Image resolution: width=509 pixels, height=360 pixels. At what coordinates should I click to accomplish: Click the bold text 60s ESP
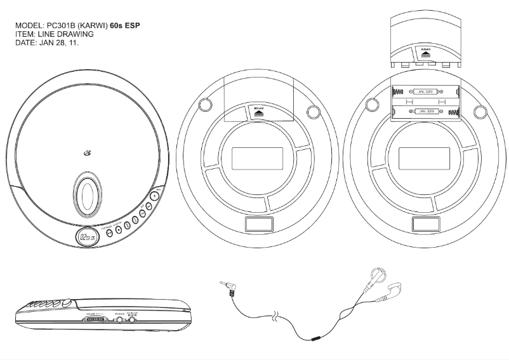click(125, 25)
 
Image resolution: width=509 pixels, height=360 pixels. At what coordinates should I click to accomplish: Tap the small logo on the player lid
click(87, 151)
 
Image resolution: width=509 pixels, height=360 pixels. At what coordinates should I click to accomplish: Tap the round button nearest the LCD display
click(109, 232)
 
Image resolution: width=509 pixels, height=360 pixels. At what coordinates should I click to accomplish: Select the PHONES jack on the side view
click(119, 319)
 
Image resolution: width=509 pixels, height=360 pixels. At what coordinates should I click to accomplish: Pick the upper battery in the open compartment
click(425, 90)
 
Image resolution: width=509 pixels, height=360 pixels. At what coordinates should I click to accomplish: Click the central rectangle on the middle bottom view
click(250, 156)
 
